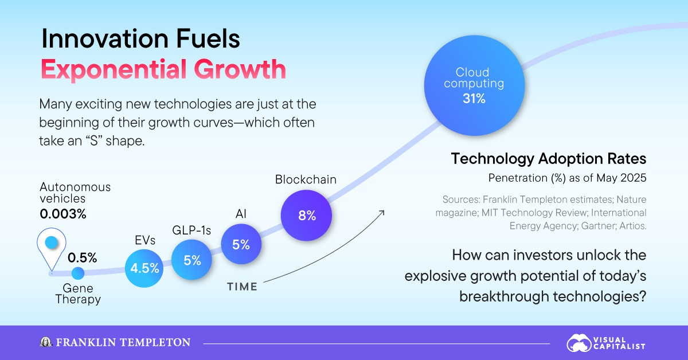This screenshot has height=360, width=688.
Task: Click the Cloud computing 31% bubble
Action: [x=471, y=85]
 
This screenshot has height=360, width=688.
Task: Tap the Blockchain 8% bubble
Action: [x=307, y=216]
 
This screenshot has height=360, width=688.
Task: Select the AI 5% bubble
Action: [x=241, y=244]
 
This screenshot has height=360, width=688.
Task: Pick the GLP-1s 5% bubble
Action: [x=192, y=260]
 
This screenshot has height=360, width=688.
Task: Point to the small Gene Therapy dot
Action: [x=77, y=273]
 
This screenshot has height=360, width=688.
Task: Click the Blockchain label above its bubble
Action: [x=306, y=179]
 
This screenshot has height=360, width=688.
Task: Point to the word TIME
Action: [x=242, y=287]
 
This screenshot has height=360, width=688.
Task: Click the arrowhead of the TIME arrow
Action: [x=382, y=212]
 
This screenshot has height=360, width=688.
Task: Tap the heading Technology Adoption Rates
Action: [x=549, y=159]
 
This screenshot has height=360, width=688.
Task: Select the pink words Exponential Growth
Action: [x=163, y=69]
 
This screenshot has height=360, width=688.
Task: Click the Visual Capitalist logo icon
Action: [x=579, y=343]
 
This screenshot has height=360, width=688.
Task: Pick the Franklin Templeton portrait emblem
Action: [x=45, y=342]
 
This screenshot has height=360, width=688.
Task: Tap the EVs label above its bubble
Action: [x=145, y=241]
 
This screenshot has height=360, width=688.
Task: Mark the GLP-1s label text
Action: [x=192, y=231]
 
